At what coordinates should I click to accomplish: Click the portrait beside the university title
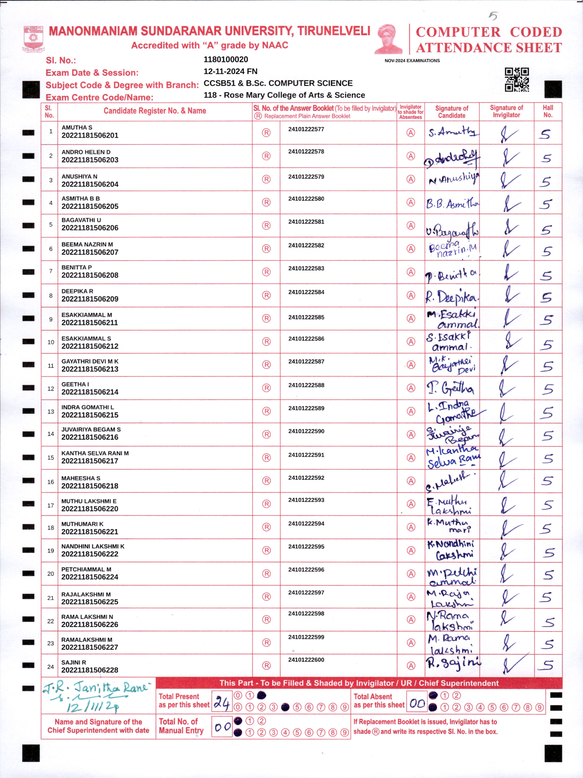(x=389, y=39)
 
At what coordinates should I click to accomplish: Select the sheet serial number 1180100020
(x=226, y=59)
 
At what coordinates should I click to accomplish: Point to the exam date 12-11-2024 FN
(x=230, y=71)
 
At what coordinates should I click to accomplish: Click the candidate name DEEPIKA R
(x=77, y=291)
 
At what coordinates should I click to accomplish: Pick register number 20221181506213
(x=90, y=369)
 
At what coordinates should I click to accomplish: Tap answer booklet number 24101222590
(x=306, y=431)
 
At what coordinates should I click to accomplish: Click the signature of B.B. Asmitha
(x=452, y=204)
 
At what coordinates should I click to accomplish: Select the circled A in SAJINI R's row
(x=410, y=665)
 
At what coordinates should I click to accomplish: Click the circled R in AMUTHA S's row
(x=266, y=133)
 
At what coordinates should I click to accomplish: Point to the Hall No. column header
(x=548, y=111)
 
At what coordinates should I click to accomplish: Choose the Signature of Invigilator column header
(x=506, y=111)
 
